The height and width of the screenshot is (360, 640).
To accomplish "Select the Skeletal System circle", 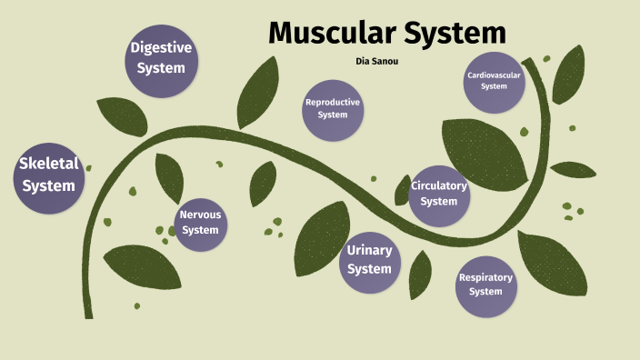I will tap(50, 175).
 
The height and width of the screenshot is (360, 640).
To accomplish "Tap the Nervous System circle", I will tap(200, 223).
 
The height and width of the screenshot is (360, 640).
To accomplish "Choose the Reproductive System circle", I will tap(333, 109).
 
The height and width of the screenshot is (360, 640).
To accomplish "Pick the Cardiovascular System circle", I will tap(494, 81).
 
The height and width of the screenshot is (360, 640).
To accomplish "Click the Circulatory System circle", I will tap(439, 194).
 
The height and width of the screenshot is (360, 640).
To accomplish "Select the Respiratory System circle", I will tap(485, 285).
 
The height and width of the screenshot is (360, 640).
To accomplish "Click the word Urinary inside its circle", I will tap(369, 250).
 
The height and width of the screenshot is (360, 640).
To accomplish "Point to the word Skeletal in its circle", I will tap(50, 165).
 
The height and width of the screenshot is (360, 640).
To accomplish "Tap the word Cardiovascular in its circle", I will tap(494, 75).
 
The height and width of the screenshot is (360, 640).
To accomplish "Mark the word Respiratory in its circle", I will tap(485, 278).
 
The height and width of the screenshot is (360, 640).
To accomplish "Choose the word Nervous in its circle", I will tap(200, 215).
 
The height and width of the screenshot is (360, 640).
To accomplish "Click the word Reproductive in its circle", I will tap(333, 103).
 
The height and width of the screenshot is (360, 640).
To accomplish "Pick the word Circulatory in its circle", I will tap(439, 186).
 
